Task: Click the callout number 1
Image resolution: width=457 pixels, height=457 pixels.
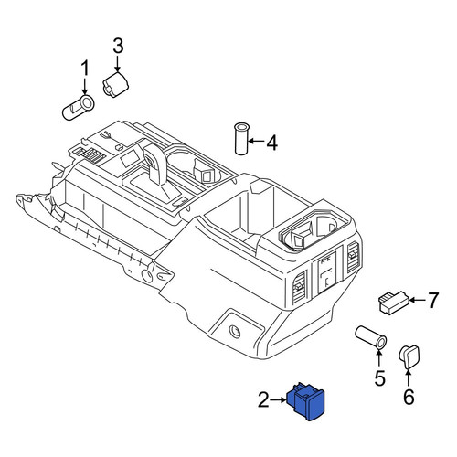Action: [85, 68]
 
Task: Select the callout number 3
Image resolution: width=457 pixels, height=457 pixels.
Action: [118, 46]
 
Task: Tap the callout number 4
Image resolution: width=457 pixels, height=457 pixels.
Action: [271, 143]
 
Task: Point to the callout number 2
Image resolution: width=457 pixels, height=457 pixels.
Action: [263, 399]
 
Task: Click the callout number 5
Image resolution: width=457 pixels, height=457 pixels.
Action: [379, 378]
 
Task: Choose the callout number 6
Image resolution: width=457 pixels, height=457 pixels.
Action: [409, 397]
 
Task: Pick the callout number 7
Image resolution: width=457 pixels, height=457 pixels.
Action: [433, 300]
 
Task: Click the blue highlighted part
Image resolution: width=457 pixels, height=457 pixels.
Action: [306, 400]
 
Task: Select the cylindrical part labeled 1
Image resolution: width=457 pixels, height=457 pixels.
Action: [79, 108]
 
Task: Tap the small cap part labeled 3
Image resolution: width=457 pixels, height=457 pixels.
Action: [115, 85]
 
